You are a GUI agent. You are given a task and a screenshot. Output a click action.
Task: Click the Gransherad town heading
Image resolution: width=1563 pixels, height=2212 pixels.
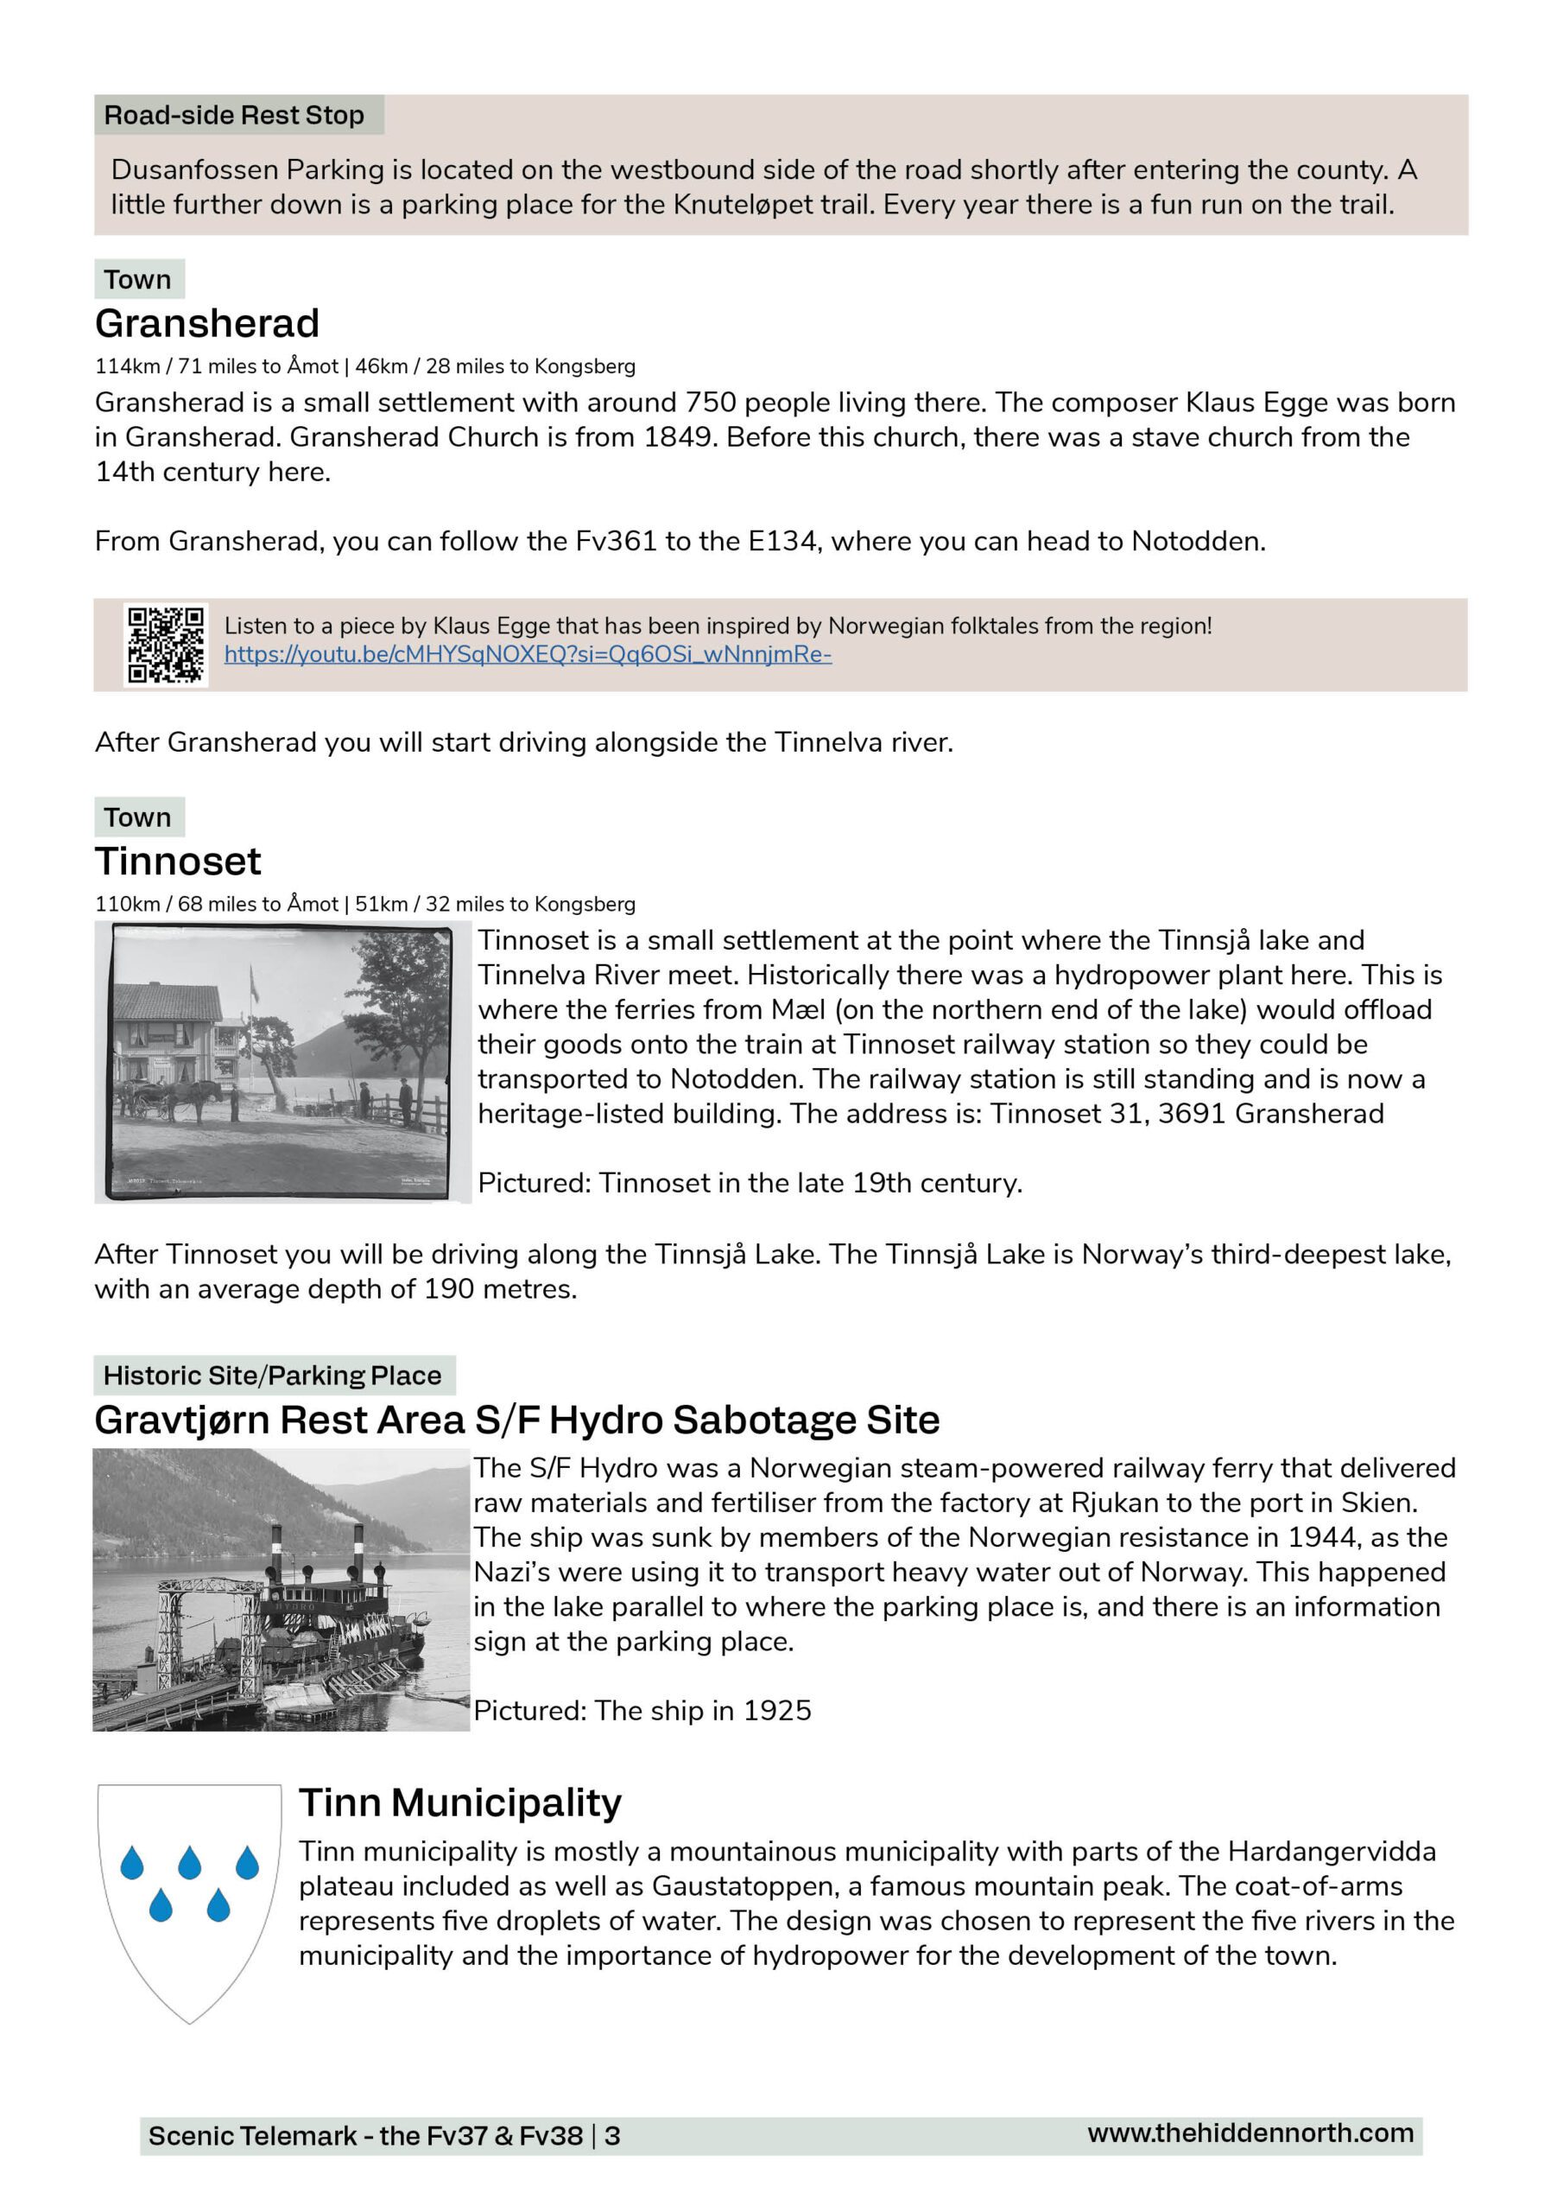click(206, 324)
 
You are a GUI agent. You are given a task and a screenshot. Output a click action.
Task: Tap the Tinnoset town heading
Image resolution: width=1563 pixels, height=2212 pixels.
click(177, 861)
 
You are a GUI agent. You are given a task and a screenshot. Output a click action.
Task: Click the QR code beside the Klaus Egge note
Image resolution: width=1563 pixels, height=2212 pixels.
click(166, 645)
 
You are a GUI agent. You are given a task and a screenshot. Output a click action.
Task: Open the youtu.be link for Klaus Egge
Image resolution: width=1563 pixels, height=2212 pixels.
click(527, 655)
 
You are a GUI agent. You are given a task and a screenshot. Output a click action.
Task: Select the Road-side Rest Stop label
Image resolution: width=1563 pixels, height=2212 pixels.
click(234, 116)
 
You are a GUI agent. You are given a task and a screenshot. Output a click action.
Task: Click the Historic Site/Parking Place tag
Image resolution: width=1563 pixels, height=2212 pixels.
click(273, 1375)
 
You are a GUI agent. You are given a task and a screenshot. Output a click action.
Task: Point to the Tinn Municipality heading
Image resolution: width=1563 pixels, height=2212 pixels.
click(459, 1802)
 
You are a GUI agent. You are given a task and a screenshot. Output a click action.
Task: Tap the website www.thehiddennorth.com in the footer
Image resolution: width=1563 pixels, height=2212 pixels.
click(1250, 2133)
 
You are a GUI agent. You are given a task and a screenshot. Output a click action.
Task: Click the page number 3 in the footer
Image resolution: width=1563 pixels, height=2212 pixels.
click(612, 2136)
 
